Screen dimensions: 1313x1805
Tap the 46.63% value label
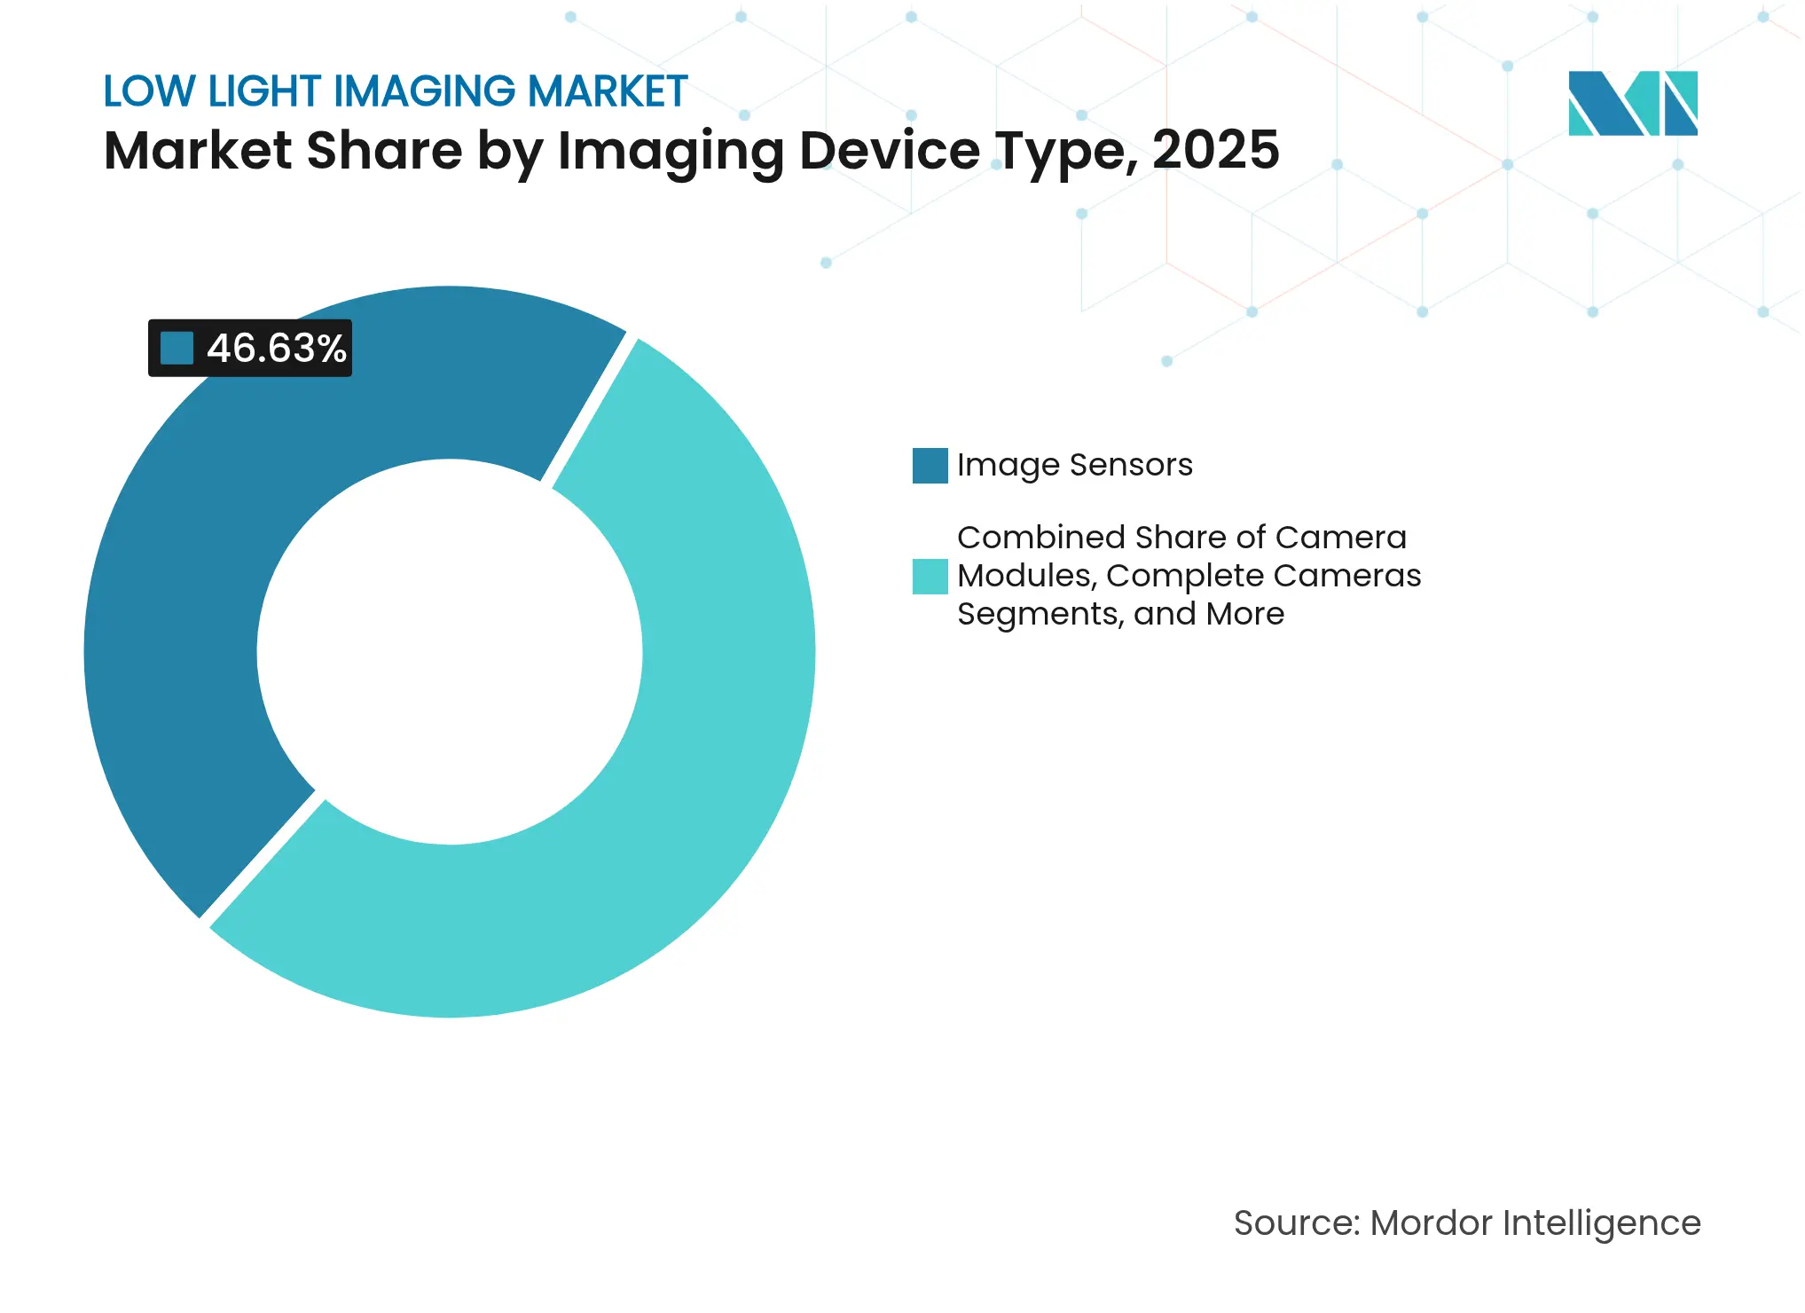pos(276,349)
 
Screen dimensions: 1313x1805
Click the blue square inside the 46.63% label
pos(177,349)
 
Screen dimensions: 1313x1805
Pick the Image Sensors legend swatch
pos(930,466)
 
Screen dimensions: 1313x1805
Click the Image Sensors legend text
pos(1074,465)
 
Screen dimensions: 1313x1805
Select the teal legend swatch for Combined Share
pos(930,577)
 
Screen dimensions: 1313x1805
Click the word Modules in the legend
pos(1027,576)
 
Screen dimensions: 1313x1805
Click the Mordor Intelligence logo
pos(1632,103)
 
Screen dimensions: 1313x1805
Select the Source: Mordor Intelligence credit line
pos(1467,1223)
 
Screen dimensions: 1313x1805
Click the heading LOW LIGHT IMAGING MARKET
pos(396,91)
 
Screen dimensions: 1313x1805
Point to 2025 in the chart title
pos(1215,150)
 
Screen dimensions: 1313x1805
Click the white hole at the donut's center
pos(450,652)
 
